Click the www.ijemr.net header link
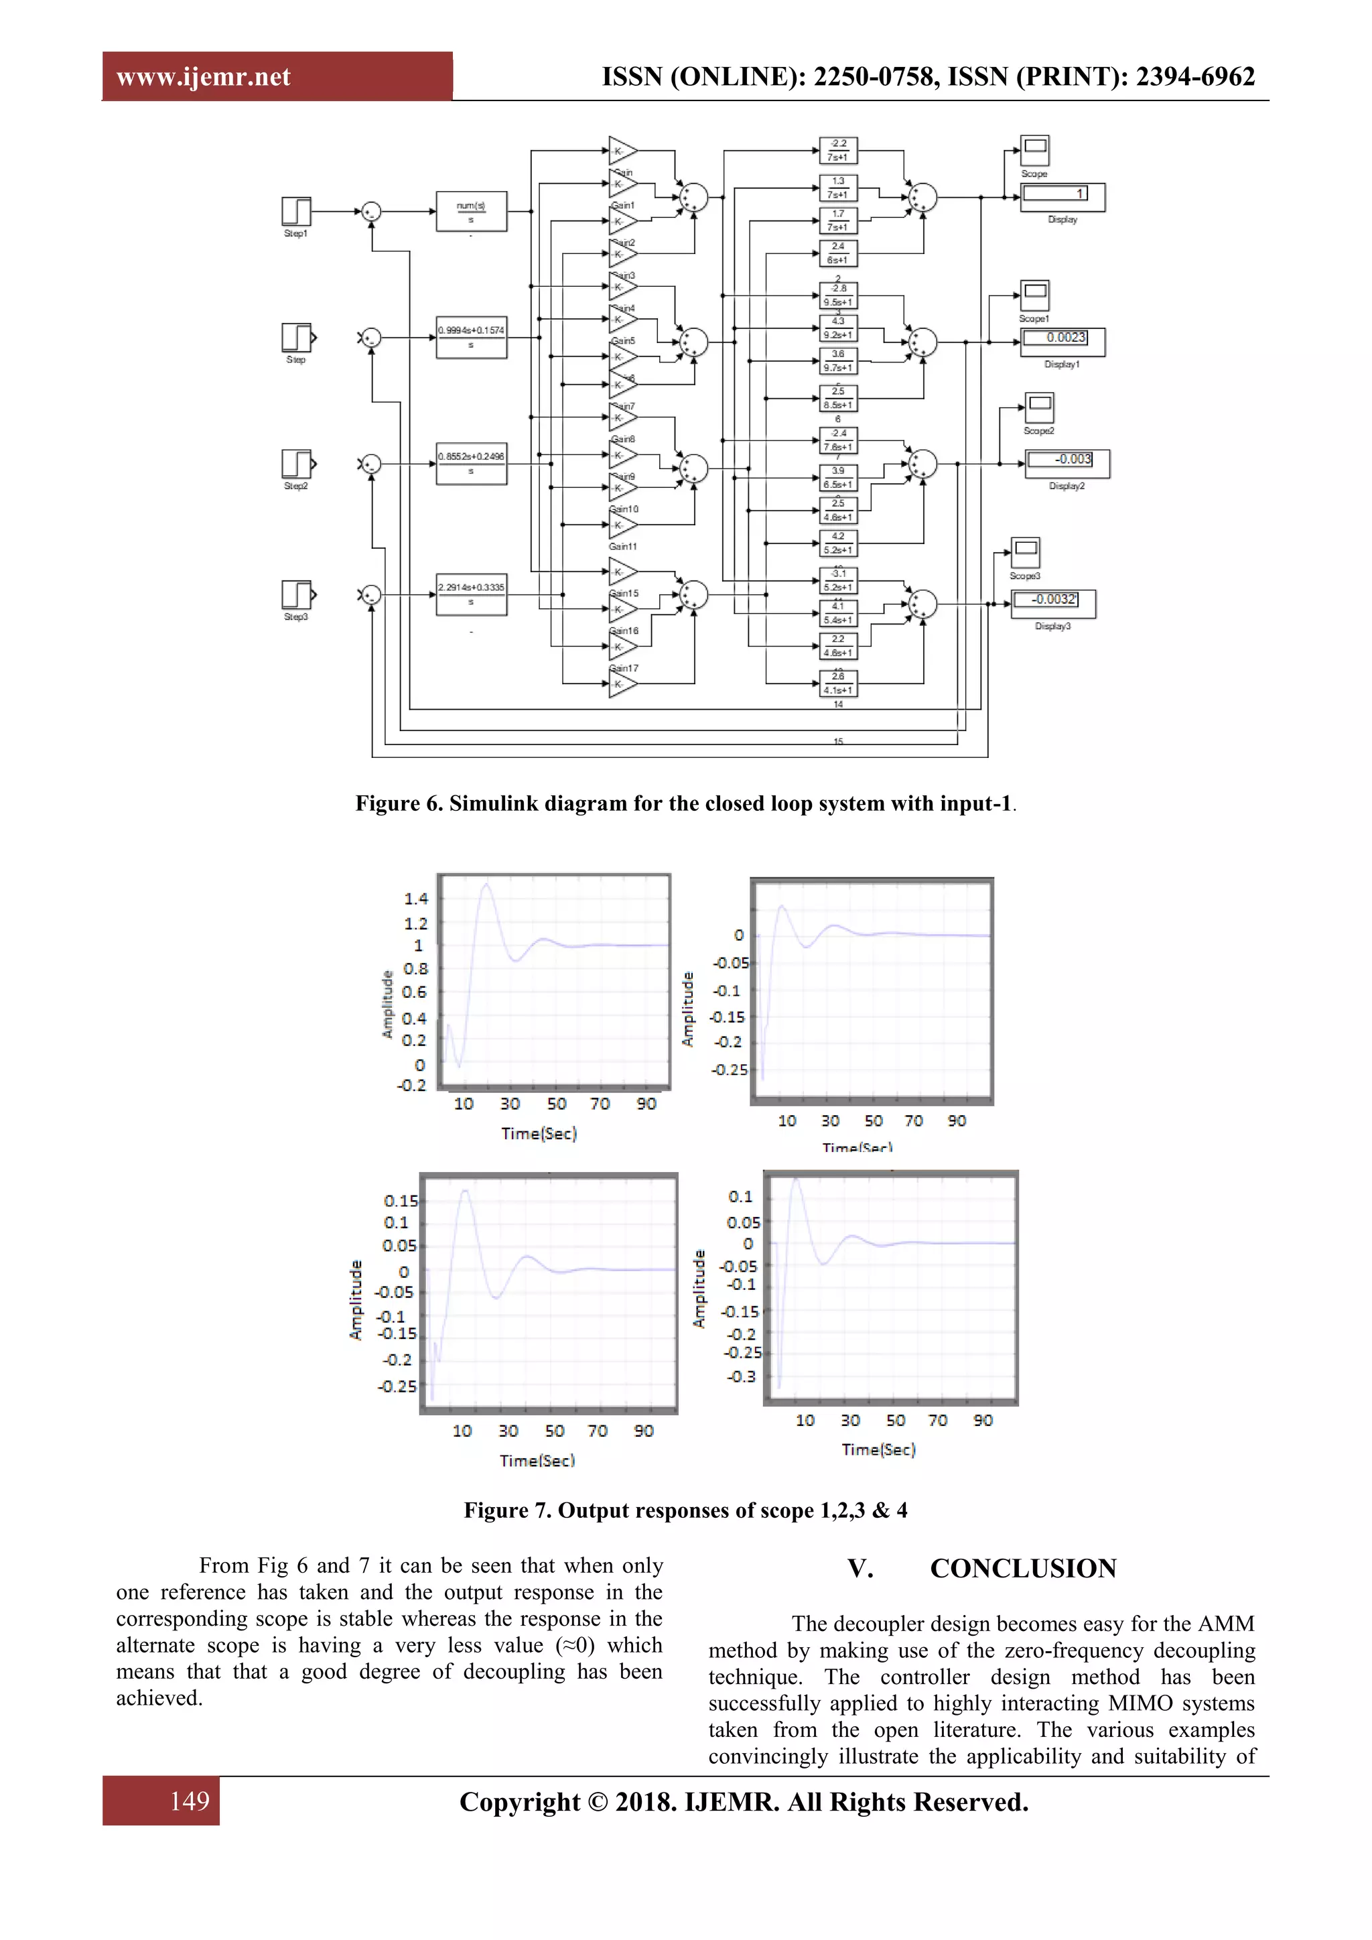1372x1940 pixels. [204, 77]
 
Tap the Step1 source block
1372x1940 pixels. [295, 211]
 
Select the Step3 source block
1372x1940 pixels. [295, 595]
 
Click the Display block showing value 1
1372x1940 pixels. [1062, 196]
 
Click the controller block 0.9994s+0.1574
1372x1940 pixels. [472, 337]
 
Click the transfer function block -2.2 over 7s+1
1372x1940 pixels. [838, 150]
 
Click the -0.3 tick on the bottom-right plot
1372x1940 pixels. [742, 1376]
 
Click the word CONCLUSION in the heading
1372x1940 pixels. [1023, 1569]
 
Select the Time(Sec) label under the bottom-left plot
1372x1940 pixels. [537, 1461]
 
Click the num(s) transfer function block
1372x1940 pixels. [472, 211]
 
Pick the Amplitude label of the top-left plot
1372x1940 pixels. [388, 1004]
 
